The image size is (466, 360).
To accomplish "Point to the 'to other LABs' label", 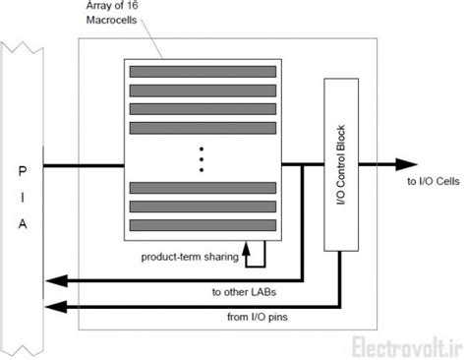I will (242, 291).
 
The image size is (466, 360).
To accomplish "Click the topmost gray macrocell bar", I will (201, 72).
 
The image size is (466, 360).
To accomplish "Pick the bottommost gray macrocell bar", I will (201, 225).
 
